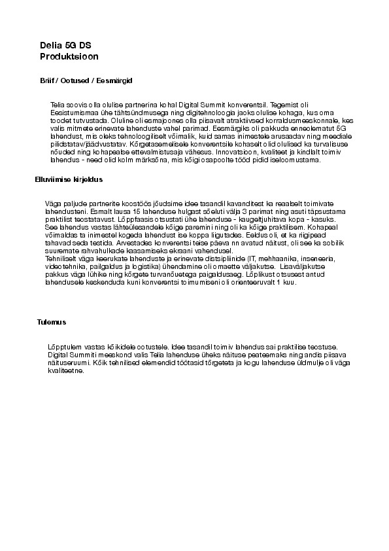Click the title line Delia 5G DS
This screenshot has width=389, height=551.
(x=65, y=45)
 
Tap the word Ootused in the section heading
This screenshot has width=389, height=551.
(x=76, y=80)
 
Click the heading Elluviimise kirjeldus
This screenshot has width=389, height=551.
(x=69, y=179)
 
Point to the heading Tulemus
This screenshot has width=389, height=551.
(x=52, y=322)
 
